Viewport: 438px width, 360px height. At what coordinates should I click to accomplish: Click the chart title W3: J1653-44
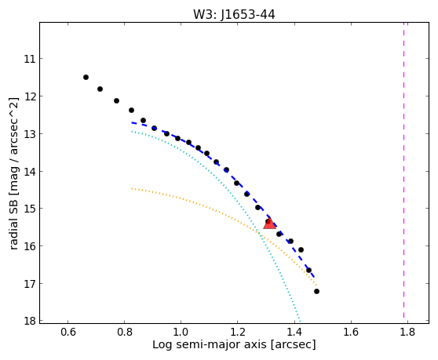point(234,15)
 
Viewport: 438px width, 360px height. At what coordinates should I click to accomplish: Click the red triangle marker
point(269,223)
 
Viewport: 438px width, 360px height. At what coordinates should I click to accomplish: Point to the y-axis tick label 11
point(30,59)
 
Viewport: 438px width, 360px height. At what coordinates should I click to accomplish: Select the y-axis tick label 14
point(30,171)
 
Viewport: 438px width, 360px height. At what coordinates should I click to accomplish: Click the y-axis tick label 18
point(30,321)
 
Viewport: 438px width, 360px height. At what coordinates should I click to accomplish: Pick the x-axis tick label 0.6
point(68,332)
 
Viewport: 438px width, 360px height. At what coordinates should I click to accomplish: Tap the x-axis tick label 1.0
point(181,332)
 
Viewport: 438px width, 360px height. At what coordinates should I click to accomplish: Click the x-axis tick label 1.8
point(407,332)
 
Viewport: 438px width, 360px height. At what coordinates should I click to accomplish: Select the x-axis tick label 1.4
point(294,332)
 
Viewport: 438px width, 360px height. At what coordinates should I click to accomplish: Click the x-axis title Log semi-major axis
point(210,345)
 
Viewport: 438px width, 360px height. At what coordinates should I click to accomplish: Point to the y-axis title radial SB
point(13,220)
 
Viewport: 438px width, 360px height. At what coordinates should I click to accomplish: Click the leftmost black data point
point(86,78)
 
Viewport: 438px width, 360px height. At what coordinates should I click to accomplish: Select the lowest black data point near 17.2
point(316,291)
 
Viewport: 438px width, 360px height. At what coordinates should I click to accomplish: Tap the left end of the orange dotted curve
point(132,189)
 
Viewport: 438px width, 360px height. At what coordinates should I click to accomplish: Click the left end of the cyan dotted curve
point(132,131)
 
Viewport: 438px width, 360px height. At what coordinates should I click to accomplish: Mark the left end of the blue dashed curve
point(132,122)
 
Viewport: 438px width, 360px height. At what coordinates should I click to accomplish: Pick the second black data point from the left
point(100,89)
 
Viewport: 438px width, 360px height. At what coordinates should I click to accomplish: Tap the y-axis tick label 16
point(30,246)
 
